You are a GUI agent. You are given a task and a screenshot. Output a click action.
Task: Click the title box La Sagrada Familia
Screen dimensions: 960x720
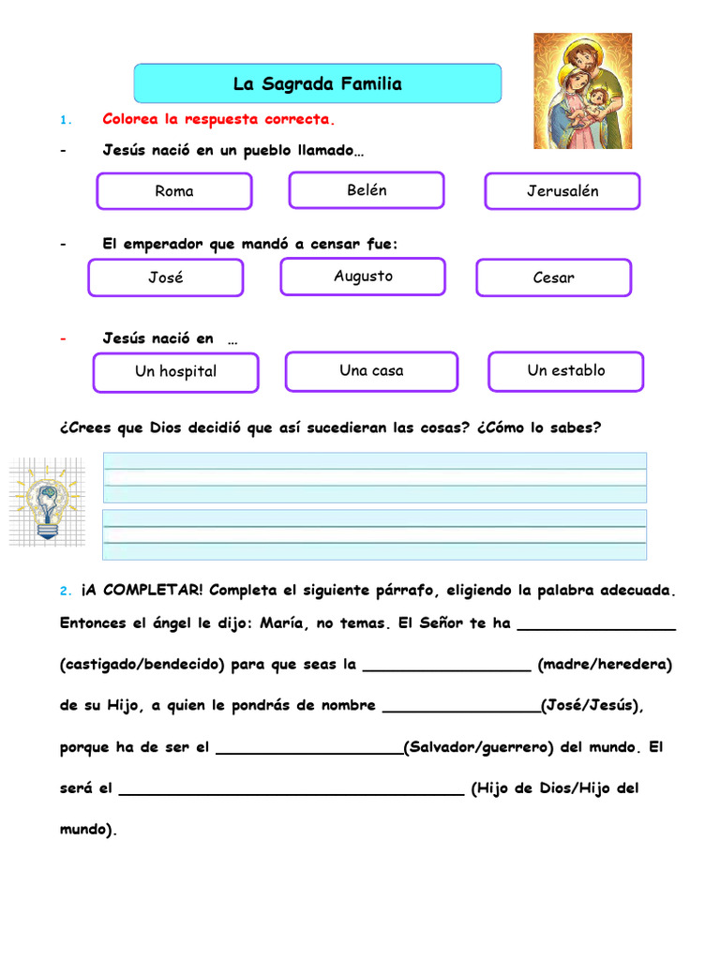click(x=318, y=83)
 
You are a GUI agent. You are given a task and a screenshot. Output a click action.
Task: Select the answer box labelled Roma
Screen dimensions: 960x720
click(x=174, y=191)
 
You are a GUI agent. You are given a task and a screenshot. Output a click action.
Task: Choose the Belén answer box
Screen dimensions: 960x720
click(x=367, y=190)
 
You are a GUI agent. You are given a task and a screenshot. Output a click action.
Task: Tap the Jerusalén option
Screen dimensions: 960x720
click(x=562, y=191)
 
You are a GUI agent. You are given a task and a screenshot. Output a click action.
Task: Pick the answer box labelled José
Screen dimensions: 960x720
click(x=166, y=277)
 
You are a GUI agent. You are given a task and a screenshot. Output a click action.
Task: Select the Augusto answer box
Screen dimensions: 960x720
click(x=363, y=277)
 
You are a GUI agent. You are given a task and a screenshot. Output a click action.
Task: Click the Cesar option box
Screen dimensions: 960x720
click(x=553, y=277)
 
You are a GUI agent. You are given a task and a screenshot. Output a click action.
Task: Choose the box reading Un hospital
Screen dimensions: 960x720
click(x=175, y=371)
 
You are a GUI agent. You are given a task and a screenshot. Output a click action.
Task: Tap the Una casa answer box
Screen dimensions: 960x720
click(x=371, y=371)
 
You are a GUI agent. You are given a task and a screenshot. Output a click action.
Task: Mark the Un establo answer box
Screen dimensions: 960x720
click(x=566, y=370)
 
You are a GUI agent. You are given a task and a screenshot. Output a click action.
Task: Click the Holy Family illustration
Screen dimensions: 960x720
click(x=582, y=91)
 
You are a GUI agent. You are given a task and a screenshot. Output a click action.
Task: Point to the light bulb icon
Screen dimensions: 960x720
click(x=45, y=502)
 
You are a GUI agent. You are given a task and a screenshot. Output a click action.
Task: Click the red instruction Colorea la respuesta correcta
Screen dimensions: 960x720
click(x=217, y=120)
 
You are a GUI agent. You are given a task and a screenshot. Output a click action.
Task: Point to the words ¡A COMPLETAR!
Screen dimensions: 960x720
click(x=142, y=591)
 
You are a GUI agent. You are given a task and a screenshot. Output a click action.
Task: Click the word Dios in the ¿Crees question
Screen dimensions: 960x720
click(x=167, y=428)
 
